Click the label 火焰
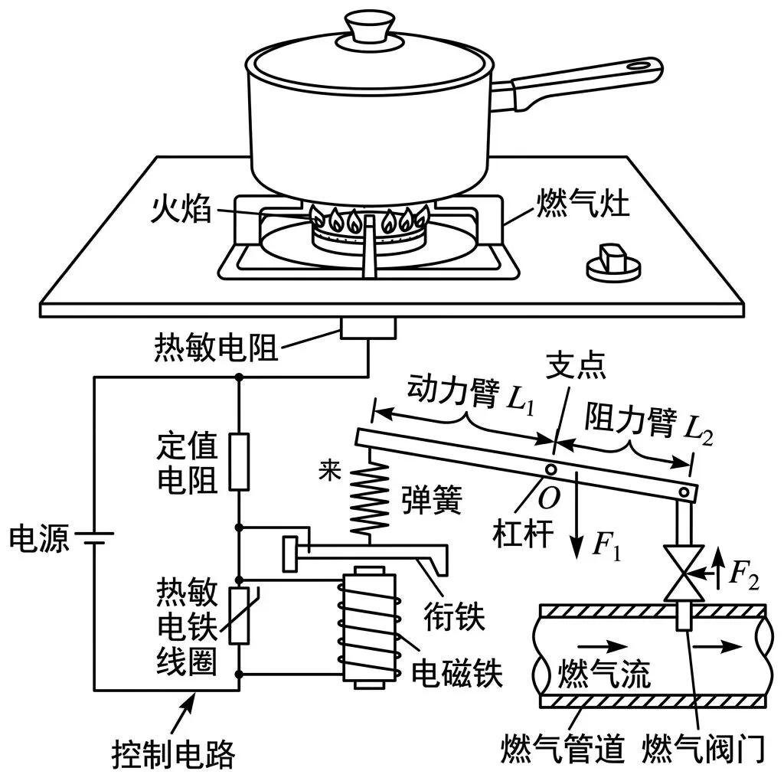178,209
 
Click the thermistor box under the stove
368,328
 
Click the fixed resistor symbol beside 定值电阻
240,462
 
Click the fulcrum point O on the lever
551,469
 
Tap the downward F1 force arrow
577,521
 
